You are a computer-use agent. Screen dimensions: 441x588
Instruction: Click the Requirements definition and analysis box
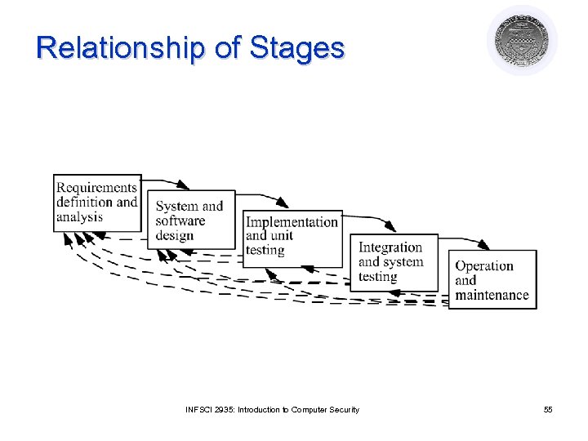pyautogui.click(x=97, y=203)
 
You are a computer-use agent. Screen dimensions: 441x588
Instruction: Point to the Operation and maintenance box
pyautogui.click(x=492, y=279)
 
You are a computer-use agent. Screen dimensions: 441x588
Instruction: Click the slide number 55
pyautogui.click(x=548, y=409)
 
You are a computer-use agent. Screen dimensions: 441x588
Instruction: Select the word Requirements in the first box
pyautogui.click(x=96, y=188)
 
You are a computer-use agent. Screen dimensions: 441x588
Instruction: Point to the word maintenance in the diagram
pyautogui.click(x=492, y=295)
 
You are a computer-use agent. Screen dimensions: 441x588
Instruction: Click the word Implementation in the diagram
pyautogui.click(x=292, y=222)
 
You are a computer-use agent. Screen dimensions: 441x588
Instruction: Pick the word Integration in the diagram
pyautogui.click(x=390, y=247)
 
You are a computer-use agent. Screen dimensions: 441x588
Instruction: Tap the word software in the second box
pyautogui.click(x=180, y=220)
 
